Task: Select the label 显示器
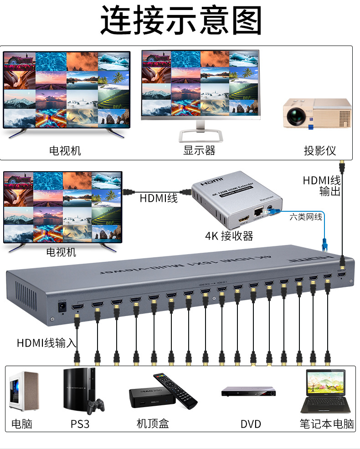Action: pos(199,150)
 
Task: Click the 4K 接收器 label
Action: pos(229,235)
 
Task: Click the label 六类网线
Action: pos(306,217)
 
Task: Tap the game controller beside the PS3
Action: pos(95,405)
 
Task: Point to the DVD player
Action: pos(248,392)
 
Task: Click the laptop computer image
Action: pos(326,392)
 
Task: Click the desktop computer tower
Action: pos(23,391)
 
